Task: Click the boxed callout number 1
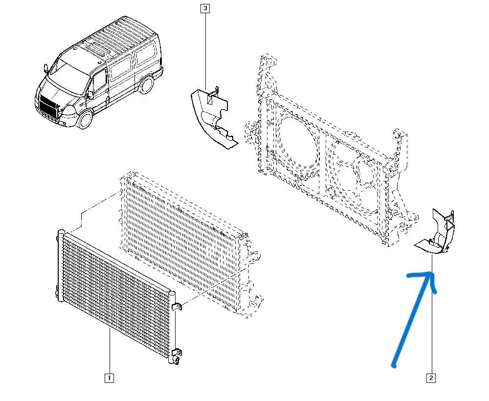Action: pyautogui.click(x=109, y=378)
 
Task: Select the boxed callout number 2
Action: pyautogui.click(x=431, y=378)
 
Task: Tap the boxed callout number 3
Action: pyautogui.click(x=205, y=8)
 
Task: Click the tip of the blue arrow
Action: pyautogui.click(x=432, y=273)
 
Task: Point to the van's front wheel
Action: pyautogui.click(x=85, y=119)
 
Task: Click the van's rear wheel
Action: pyautogui.click(x=146, y=85)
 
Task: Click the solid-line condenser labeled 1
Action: pyautogui.click(x=118, y=296)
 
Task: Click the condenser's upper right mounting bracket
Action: pyautogui.click(x=176, y=307)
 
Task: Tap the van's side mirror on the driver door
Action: pyautogui.click(x=90, y=94)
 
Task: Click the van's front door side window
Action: pyautogui.click(x=99, y=82)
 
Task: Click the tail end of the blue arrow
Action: pyautogui.click(x=394, y=365)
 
